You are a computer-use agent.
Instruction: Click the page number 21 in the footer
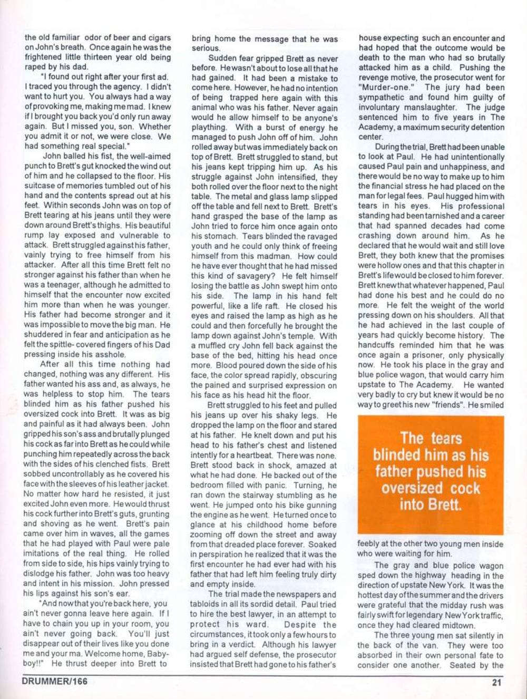[x=496, y=682]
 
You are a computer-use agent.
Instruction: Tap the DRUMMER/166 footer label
[x=55, y=681]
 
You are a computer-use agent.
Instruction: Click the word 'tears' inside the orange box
[x=446, y=438]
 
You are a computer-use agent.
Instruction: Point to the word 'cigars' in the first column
[x=158, y=37]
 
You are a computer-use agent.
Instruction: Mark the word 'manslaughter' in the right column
[x=422, y=107]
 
